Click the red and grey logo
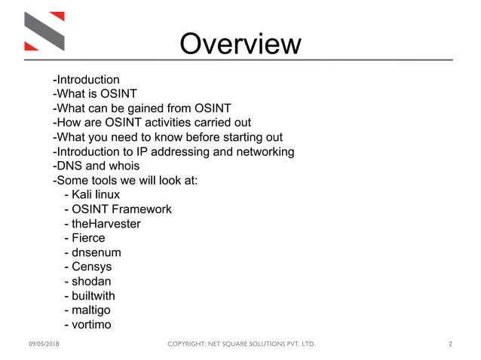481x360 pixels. (44, 31)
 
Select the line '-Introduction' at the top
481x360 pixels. (86, 80)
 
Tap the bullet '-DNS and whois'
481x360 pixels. (96, 166)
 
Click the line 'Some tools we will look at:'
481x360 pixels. (124, 180)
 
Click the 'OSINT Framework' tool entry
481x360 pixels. (118, 209)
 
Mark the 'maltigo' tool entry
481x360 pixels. (90, 310)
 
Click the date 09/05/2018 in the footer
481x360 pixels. (44, 344)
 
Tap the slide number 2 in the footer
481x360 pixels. (450, 344)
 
